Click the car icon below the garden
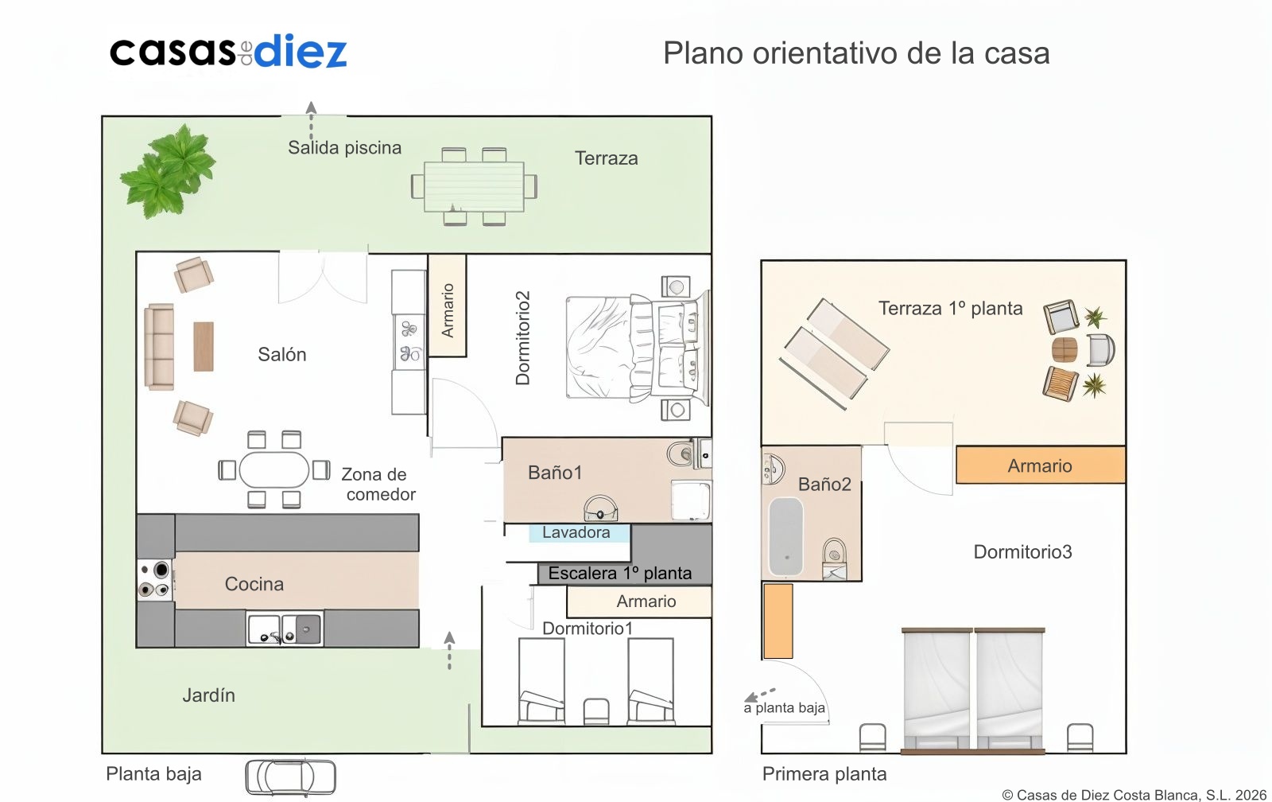[291, 777]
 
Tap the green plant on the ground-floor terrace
[168, 171]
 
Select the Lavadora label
[576, 532]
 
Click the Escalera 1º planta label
[619, 573]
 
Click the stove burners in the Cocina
[155, 580]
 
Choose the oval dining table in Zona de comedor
[273, 470]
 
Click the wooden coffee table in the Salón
[204, 347]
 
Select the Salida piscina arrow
[311, 120]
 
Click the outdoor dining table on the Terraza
[474, 186]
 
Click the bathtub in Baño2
[786, 536]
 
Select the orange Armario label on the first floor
[1040, 465]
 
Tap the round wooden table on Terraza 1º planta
[1065, 349]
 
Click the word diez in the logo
[301, 51]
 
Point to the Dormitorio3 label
[1022, 552]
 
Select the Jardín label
[208, 695]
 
